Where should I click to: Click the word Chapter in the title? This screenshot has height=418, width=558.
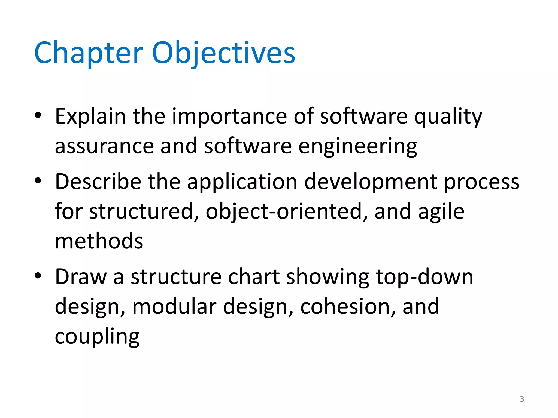click(x=89, y=53)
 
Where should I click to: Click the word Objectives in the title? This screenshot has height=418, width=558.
click(x=223, y=53)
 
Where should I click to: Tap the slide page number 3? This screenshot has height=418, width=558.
click(x=522, y=399)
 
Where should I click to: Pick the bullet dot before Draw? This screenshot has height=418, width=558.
click(x=38, y=276)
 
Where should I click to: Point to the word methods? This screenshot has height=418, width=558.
click(x=99, y=241)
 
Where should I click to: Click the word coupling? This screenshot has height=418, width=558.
click(x=97, y=337)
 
